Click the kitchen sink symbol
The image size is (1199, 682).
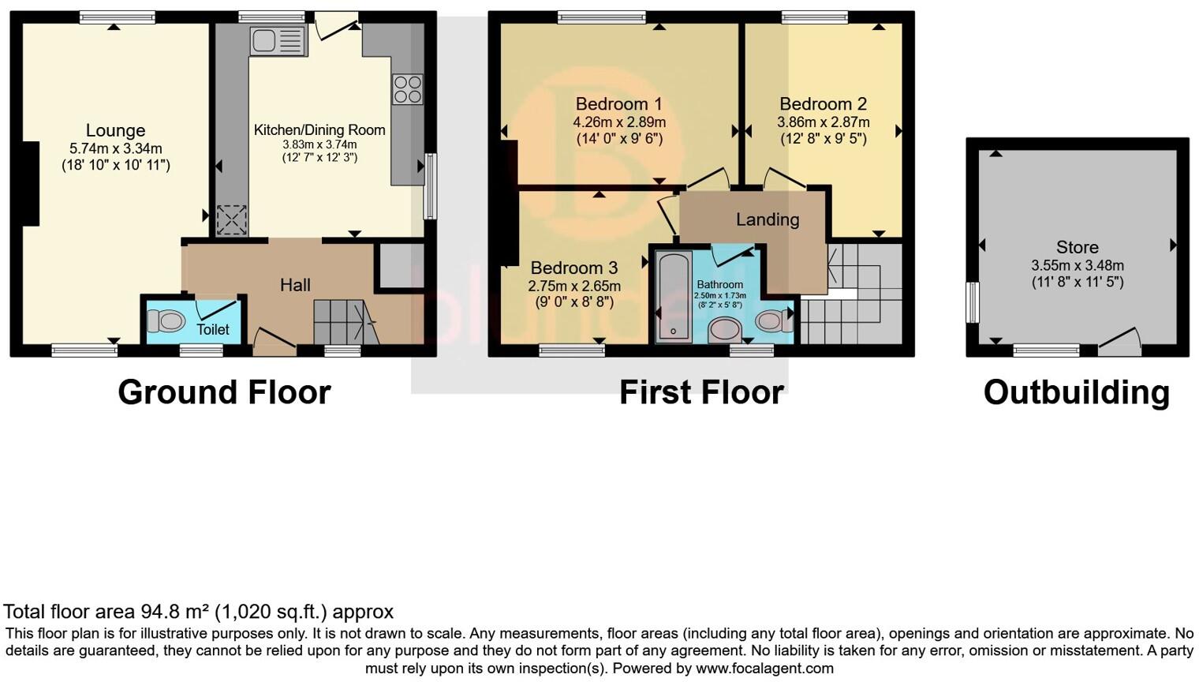pos(277,41)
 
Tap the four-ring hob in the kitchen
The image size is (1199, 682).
pos(407,89)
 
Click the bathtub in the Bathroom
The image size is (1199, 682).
pos(673,297)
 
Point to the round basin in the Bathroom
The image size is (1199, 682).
pos(725,329)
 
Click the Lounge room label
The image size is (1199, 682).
pos(115,130)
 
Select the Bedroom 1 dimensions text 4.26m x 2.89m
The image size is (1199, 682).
pos(619,122)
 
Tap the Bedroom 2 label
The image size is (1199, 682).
pos(823,104)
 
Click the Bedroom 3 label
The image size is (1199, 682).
pos(573,268)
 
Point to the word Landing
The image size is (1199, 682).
pos(767,219)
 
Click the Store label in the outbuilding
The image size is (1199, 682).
pos(1077,247)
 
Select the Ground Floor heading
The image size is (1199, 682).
pos(224,392)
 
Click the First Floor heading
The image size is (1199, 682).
pos(700,392)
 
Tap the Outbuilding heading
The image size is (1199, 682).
pos(1076,392)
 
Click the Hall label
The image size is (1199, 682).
pos(295,285)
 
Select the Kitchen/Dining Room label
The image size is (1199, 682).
pos(319,130)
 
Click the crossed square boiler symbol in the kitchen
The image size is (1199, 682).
pos(231,220)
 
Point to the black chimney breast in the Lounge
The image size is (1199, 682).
pos(31,184)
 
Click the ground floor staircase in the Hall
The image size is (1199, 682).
pos(341,321)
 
